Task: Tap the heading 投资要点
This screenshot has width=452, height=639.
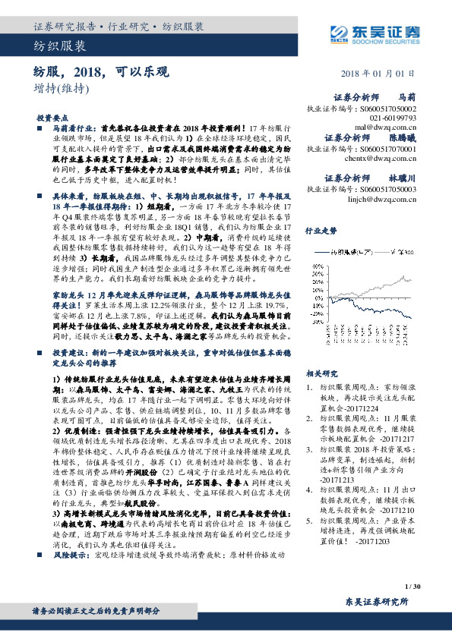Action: (51, 119)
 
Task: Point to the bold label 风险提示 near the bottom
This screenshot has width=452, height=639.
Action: (70, 577)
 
